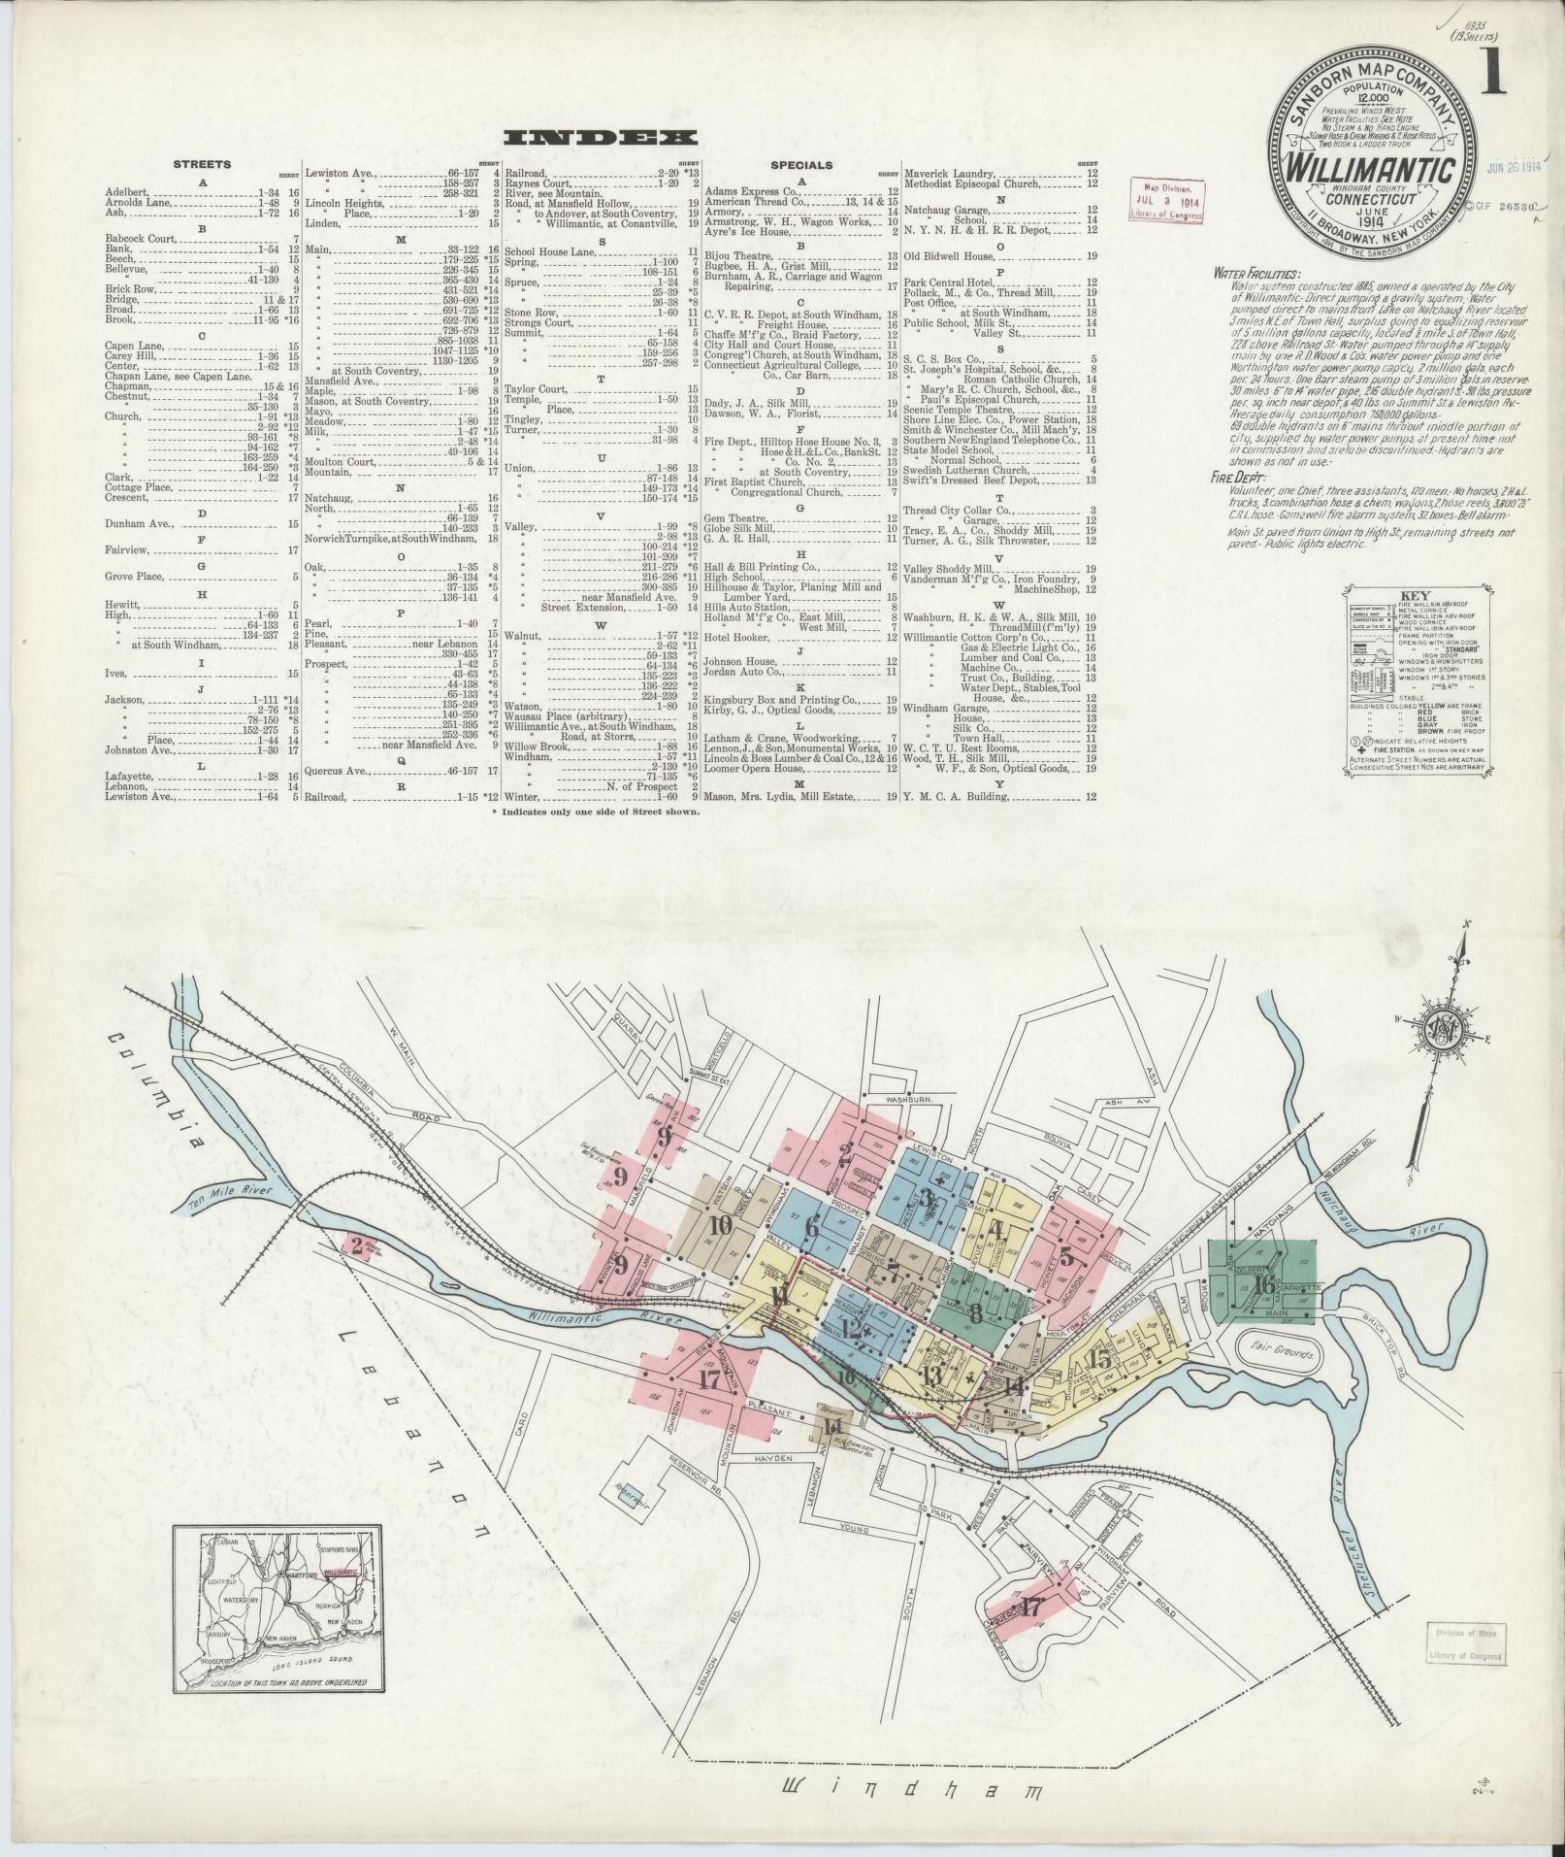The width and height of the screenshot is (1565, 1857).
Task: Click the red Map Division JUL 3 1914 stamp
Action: tap(1165, 199)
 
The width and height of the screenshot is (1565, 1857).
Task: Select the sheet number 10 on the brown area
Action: tap(720, 1225)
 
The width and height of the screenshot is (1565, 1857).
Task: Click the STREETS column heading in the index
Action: tap(202, 164)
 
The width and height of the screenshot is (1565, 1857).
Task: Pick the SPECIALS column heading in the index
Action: tap(800, 165)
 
